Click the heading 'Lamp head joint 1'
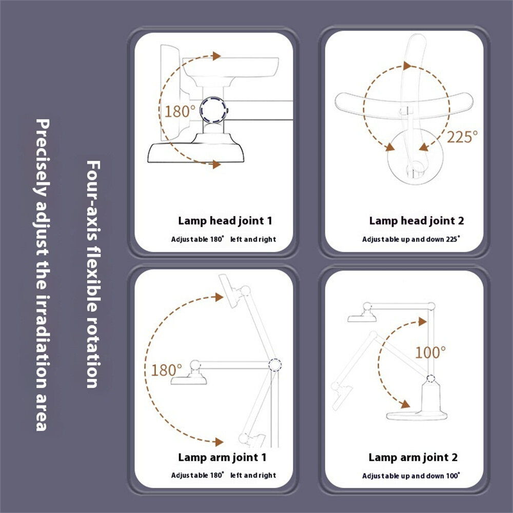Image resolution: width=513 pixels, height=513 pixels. (225, 221)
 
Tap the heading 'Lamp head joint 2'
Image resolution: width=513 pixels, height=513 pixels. (417, 221)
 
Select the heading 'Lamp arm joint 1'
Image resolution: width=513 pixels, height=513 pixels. (222, 458)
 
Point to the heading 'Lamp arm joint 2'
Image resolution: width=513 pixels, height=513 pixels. (413, 458)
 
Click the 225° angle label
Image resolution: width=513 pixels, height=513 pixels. (462, 137)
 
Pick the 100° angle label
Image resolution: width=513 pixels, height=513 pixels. (430, 352)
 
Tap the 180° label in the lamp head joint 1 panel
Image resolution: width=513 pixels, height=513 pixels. (180, 111)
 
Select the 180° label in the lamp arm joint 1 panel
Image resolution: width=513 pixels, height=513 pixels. (166, 370)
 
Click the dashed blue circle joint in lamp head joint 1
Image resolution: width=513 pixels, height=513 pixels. (213, 110)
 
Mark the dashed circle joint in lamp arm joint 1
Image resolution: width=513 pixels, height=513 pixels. (275, 364)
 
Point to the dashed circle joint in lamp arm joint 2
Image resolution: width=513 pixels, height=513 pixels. (431, 379)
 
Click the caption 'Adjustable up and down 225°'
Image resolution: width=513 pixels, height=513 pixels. (411, 239)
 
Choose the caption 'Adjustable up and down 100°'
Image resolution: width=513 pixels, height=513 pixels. (411, 476)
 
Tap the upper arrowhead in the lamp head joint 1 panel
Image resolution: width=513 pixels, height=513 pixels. (216, 56)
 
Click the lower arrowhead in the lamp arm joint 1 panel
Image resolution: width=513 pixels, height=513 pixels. (219, 442)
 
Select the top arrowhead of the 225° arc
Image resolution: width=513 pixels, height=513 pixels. (407, 66)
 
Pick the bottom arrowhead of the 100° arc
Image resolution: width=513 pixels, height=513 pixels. (406, 404)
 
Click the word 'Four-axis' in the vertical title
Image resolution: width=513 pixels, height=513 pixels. (93, 200)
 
